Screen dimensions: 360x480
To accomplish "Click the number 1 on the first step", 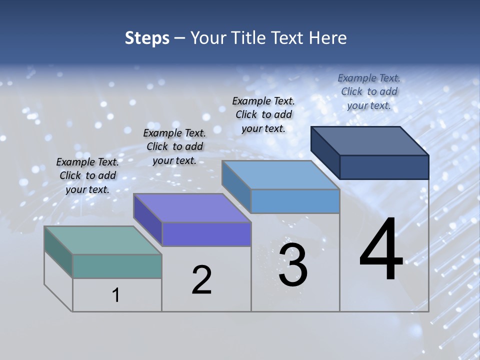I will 116,295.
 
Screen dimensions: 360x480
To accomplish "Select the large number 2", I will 201,279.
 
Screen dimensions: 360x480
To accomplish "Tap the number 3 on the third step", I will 293,265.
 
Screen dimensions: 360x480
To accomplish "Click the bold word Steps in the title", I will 147,38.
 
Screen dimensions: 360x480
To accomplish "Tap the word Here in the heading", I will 328,38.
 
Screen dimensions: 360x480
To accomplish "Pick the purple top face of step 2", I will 192,207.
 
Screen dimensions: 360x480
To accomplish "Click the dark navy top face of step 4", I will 370,140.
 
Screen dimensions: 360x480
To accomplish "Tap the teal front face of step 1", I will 117,266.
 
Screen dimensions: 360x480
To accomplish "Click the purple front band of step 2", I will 206,234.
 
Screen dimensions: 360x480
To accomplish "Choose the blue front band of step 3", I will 295,201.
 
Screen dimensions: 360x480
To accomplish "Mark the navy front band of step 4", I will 384,167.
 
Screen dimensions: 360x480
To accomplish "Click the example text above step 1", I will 87,175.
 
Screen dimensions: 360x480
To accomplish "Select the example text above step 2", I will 174,146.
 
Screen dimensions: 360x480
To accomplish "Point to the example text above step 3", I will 263,114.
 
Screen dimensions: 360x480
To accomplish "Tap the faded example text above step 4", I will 369,91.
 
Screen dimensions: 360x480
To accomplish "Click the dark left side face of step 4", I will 325,152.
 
